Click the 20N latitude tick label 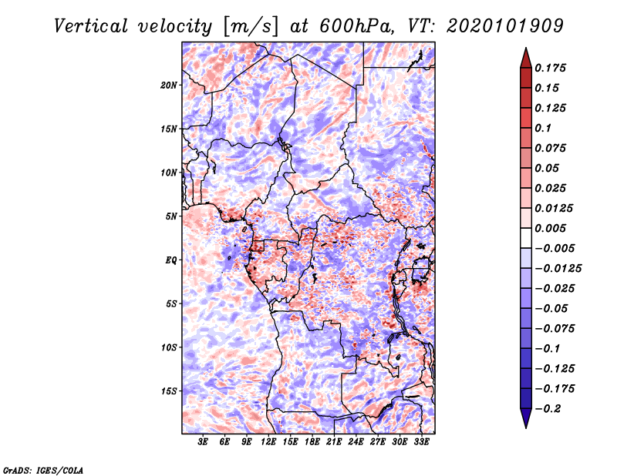168,85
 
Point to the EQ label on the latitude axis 170,260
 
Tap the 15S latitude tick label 168,391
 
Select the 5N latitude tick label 170,216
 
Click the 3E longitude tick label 203,441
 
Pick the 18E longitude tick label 312,441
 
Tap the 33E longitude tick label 421,441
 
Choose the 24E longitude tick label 356,441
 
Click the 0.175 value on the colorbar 550,68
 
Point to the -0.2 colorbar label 548,409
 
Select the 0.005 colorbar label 550,228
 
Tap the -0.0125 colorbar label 558,269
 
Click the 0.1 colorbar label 543,128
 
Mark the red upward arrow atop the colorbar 526,58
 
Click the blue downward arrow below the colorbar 526,418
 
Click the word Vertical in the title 90,26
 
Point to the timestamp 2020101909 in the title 505,26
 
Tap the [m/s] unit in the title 250,27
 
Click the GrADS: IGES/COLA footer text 43,471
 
